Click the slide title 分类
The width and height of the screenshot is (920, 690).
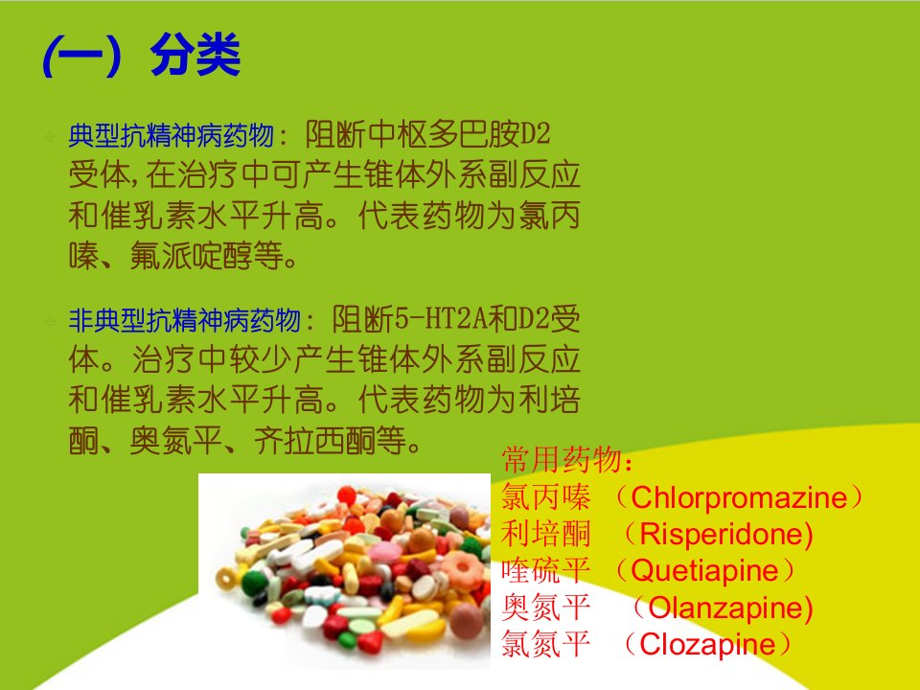[x=195, y=55]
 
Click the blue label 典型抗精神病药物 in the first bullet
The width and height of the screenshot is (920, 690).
[x=172, y=135]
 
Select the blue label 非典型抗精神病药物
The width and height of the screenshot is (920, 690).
[x=184, y=320]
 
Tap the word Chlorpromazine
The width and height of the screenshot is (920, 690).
[x=739, y=497]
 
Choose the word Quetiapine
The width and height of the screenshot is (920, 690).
[x=704, y=571]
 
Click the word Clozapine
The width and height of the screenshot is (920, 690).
[x=707, y=644]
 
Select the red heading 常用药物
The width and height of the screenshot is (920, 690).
[x=562, y=459]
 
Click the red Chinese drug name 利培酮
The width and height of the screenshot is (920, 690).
[x=545, y=534]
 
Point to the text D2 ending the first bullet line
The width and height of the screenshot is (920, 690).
[x=535, y=134]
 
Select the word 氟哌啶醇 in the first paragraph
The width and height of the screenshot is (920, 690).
[x=192, y=256]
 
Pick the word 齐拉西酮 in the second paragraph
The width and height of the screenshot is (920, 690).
[x=315, y=441]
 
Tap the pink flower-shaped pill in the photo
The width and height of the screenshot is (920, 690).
[x=463, y=569]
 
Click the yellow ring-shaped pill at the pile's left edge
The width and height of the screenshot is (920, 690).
[x=226, y=578]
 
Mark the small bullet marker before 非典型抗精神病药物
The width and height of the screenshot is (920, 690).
[x=51, y=322]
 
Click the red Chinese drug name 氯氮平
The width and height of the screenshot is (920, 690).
[x=545, y=644]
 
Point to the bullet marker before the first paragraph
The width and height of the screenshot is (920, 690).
[x=51, y=137]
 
